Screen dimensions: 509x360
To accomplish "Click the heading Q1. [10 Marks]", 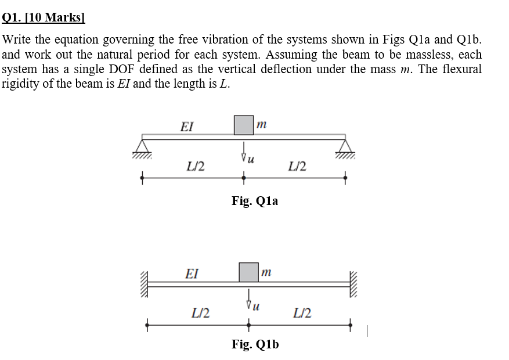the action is pos(43,17).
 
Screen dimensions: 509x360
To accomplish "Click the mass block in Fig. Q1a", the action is pos(244,125).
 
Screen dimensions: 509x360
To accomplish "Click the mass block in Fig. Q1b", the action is pos(249,272).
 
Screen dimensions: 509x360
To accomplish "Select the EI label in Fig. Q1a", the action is pos(187,126).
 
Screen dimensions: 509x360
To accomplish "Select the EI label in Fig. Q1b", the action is pos(192,272).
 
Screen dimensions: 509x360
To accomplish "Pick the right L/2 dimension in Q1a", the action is pos(297,167).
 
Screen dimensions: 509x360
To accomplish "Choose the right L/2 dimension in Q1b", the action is pos(302,314).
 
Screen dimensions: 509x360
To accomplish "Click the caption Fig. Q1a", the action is pos(255,201).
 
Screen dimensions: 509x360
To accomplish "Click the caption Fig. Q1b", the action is pos(255,344).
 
